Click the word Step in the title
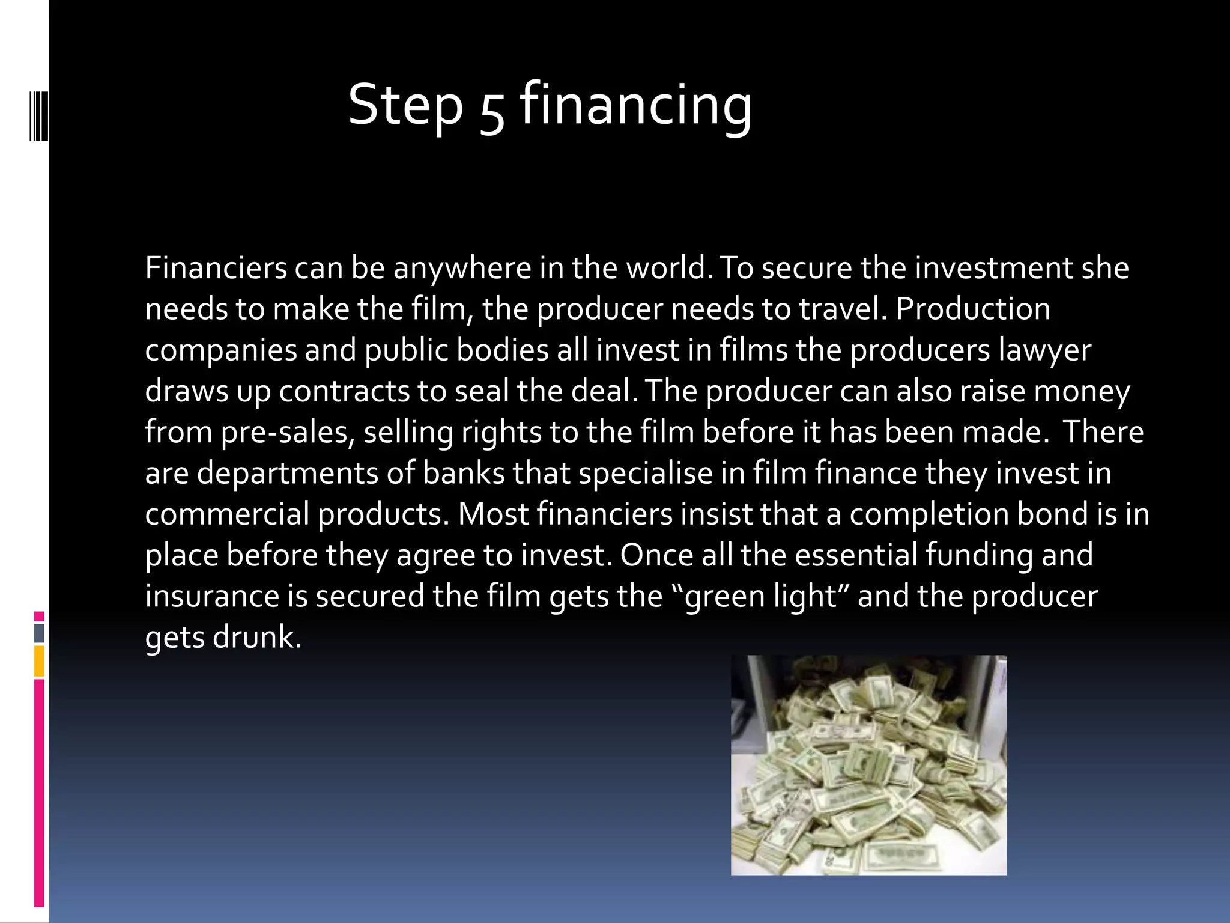point(406,106)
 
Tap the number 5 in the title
point(492,112)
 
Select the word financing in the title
point(635,106)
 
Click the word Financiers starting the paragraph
point(216,268)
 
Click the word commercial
point(226,514)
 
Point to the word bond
point(1053,514)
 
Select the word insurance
point(211,596)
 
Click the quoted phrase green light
point(760,597)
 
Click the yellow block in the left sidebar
point(39,660)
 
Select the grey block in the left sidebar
point(39,633)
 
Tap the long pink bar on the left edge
point(39,793)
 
